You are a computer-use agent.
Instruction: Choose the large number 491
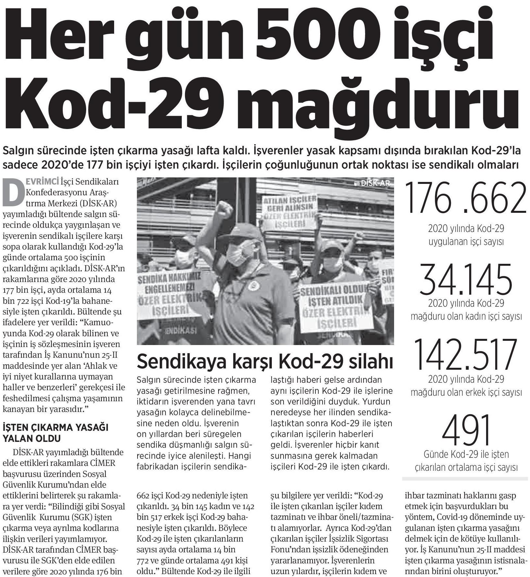466,430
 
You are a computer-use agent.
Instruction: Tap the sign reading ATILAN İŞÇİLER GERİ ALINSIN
290,211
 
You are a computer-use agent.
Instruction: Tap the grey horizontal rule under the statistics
465,478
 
